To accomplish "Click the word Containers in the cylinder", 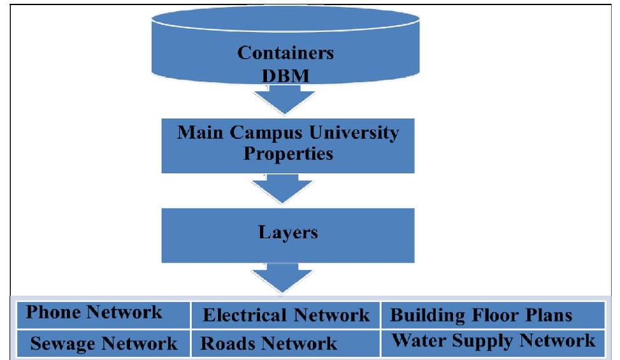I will tap(285, 52).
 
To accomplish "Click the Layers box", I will tap(287, 232).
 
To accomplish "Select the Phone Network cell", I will tap(94, 313).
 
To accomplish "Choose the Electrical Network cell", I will tap(285, 315).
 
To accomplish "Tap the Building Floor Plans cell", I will tap(480, 315).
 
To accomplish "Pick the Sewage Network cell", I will tap(104, 344).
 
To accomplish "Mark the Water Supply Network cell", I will tap(493, 340).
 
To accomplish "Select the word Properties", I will tap(287, 154).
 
